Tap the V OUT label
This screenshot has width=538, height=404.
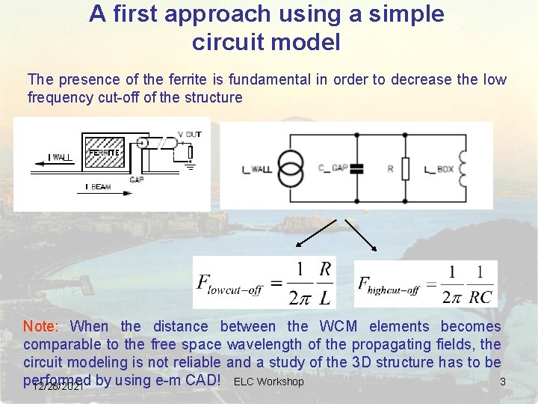(189, 134)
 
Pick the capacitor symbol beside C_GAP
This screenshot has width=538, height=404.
(356, 169)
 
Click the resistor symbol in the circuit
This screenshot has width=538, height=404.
(405, 169)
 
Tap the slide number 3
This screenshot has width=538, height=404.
(503, 382)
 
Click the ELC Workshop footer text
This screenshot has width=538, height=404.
(268, 382)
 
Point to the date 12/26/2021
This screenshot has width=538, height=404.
(58, 387)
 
